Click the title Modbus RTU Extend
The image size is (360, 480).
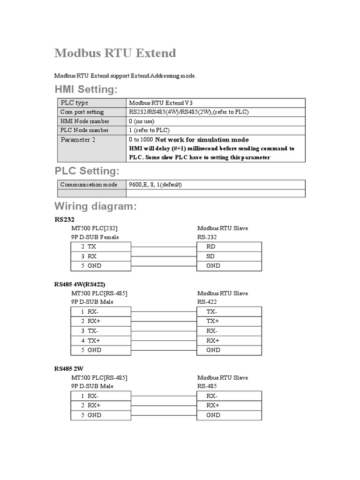click(x=115, y=53)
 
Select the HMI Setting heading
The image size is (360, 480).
click(x=86, y=89)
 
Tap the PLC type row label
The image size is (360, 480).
click(x=74, y=103)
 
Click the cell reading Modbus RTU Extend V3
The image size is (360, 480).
click(x=160, y=103)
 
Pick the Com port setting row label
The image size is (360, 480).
click(x=82, y=112)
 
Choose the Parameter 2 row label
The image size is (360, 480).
click(x=78, y=140)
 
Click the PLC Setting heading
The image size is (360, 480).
click(x=87, y=170)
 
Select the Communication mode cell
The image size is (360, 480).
click(x=89, y=185)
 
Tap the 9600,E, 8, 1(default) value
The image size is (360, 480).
click(x=155, y=185)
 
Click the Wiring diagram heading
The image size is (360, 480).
click(x=96, y=206)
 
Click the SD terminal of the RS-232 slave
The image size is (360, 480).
click(x=210, y=256)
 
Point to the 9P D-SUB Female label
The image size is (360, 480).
click(x=95, y=237)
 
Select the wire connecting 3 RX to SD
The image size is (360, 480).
click(x=164, y=256)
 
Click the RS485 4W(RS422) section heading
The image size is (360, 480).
click(x=80, y=284)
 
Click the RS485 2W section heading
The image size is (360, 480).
click(x=69, y=368)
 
